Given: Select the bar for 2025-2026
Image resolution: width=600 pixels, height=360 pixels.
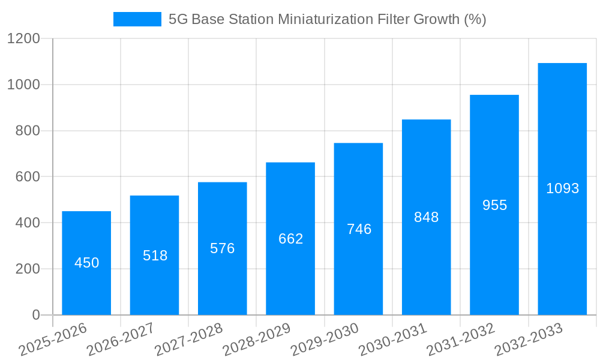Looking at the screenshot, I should (x=86, y=288).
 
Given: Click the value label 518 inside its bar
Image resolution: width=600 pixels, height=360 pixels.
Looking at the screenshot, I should (x=155, y=256).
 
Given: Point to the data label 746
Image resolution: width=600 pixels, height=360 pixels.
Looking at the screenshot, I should (x=359, y=229).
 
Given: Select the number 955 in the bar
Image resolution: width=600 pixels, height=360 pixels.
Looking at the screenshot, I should (x=494, y=205).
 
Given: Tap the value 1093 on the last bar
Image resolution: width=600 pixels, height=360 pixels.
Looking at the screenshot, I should (x=562, y=188).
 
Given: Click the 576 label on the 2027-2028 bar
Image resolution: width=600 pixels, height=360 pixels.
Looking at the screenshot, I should (x=223, y=248).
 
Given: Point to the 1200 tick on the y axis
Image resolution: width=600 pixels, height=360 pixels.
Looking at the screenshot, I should (x=23, y=39).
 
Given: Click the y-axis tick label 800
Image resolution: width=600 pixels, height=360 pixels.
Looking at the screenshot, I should (x=28, y=131).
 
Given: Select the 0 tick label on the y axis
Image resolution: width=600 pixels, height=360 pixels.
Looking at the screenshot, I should (x=35, y=315).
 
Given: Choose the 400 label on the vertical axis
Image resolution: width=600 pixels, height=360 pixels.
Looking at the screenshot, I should (x=28, y=223).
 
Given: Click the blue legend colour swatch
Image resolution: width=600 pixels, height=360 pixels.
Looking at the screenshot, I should (x=137, y=19).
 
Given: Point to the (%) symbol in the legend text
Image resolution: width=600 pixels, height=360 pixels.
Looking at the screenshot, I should (x=475, y=19).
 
